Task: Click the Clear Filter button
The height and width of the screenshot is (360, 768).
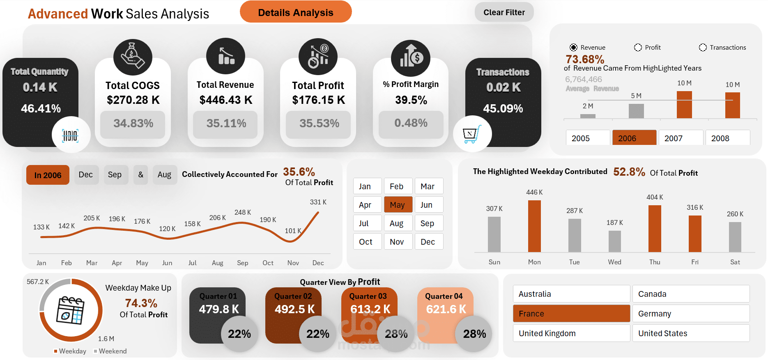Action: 504,12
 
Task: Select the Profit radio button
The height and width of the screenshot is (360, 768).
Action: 638,48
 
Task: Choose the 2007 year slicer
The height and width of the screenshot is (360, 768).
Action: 681,138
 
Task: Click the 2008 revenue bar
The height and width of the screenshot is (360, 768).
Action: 732,105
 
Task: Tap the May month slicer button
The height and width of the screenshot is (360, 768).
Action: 397,205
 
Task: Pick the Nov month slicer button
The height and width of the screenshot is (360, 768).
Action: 397,242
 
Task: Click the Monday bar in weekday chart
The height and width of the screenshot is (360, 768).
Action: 534,226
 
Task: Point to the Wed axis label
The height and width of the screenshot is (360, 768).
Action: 614,262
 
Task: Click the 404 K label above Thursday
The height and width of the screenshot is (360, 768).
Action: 655,197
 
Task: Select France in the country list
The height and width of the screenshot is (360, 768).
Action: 571,314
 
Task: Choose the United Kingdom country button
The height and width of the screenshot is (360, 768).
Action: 571,333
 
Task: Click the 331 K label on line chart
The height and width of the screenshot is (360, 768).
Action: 318,202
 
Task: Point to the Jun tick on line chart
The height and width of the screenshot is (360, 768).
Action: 167,263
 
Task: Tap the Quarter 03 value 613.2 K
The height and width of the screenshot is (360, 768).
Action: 370,309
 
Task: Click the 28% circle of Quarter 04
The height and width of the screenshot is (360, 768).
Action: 474,334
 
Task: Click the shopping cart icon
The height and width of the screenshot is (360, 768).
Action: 471,134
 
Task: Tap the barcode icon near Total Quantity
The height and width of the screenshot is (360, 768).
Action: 71,135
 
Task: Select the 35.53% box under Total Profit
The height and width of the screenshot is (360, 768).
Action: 319,124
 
